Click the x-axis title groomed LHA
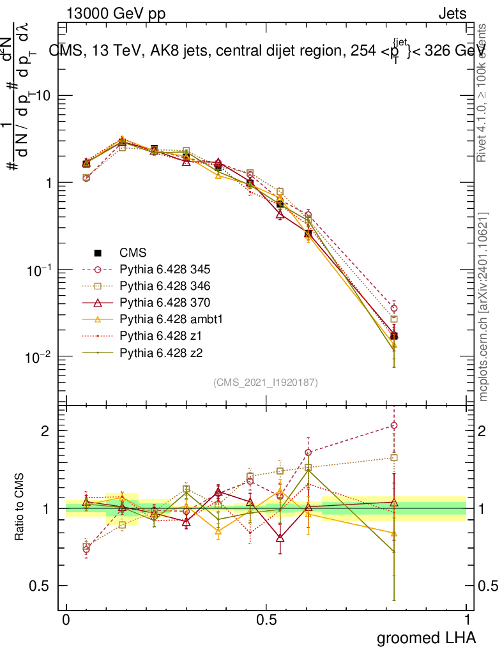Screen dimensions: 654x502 426,637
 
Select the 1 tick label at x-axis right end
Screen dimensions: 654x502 466,620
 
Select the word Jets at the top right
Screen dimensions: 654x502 452,14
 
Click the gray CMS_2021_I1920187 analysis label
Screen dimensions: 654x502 266,383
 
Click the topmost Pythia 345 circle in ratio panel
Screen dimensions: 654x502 394,425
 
